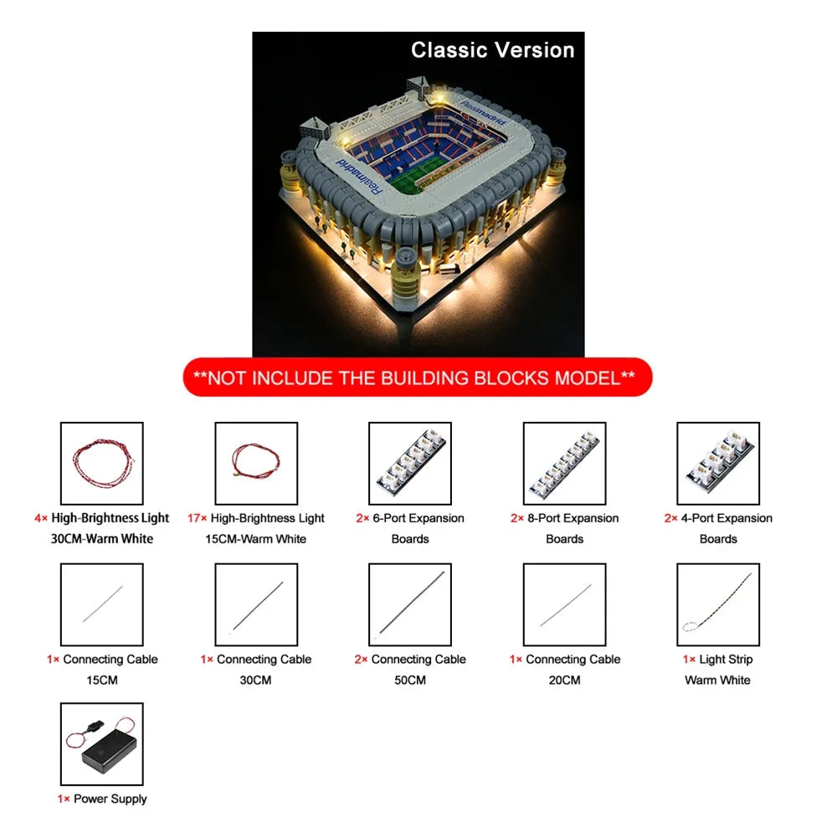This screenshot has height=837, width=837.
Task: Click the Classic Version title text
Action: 492,50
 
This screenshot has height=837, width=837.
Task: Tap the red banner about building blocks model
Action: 418,377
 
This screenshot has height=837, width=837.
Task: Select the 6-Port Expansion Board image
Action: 410,464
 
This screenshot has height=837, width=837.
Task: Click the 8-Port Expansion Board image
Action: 564,464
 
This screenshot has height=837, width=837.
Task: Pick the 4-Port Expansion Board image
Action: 718,464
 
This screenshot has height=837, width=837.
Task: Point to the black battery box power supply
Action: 110,751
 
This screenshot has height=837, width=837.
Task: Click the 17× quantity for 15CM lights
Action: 197,518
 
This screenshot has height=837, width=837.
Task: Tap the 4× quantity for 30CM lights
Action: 41,518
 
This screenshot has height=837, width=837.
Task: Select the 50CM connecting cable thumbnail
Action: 410,604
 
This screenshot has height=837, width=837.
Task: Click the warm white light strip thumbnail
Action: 718,604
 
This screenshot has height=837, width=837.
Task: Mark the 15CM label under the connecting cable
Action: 102,680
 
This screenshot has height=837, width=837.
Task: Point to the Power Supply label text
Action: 110,799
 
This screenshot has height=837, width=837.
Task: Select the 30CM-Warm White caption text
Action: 102,538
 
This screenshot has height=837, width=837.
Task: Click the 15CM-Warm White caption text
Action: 255,538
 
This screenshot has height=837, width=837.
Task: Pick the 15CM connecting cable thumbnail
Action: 102,604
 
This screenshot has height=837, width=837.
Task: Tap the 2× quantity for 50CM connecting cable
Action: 361,660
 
